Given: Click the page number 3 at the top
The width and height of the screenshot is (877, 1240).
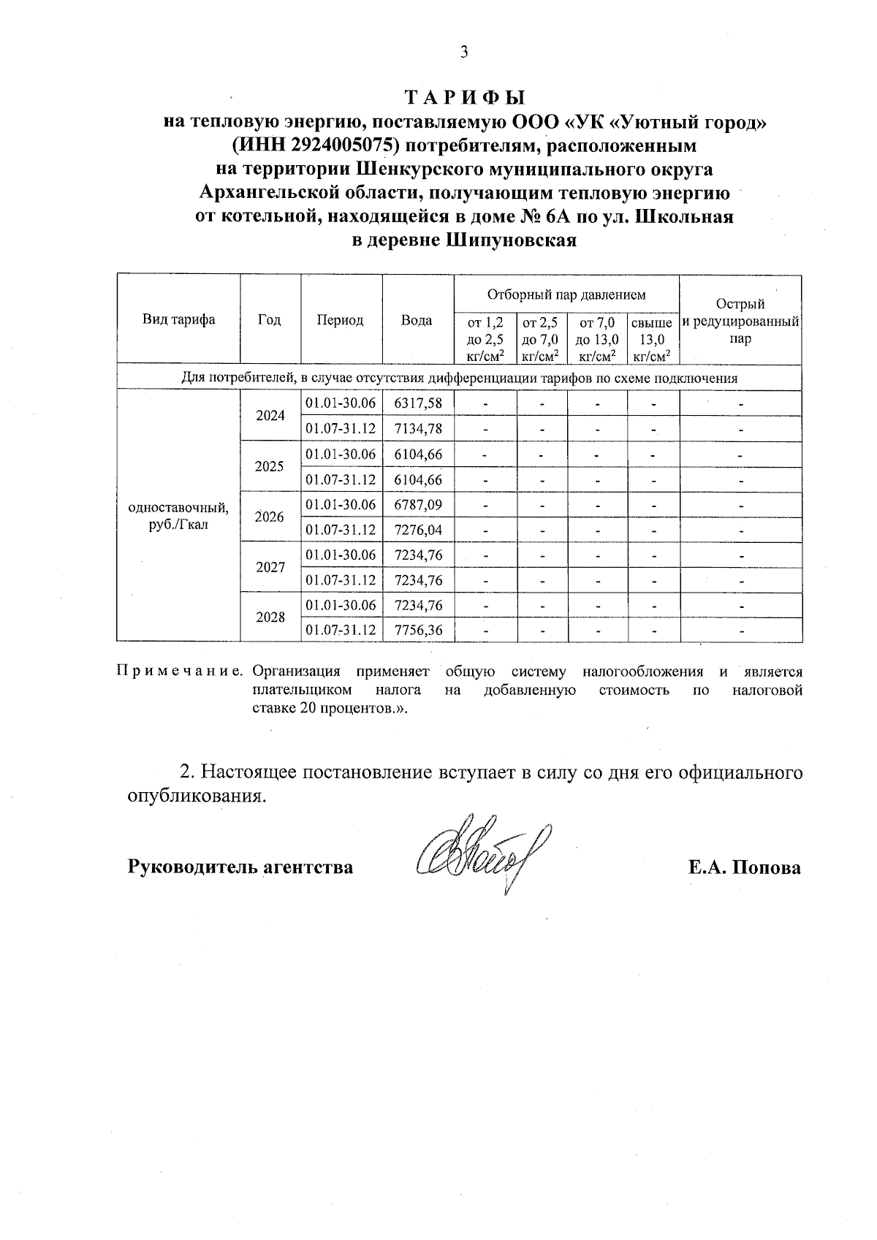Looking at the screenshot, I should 463,52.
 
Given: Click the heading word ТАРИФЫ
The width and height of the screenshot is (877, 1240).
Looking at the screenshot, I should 465,97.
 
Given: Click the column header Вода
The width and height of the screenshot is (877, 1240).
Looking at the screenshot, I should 417,320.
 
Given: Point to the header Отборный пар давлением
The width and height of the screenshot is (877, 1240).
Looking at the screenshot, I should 566,294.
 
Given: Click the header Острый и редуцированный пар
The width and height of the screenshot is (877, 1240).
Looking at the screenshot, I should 740,322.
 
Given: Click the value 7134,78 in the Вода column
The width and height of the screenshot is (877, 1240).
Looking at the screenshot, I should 418,428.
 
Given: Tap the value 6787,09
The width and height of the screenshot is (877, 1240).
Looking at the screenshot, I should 418,505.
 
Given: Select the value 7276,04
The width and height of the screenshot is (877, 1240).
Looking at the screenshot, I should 418,530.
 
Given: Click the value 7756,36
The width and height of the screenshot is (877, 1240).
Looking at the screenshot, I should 418,630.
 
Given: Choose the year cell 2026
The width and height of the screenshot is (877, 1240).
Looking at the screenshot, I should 270,517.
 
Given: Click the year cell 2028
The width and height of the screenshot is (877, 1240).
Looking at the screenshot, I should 270,617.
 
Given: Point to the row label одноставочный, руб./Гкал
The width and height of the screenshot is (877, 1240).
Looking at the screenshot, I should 178,517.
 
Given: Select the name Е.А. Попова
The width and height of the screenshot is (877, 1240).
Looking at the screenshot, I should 744,867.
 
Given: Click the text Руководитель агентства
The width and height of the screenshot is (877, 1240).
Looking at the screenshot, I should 240,867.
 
